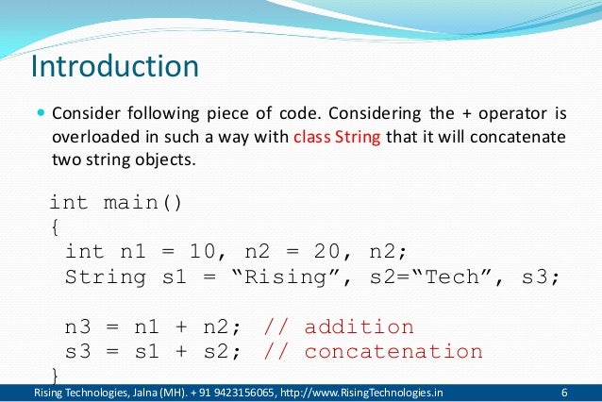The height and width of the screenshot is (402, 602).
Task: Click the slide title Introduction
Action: pos(114,68)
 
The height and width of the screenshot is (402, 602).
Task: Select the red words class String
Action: pos(337,137)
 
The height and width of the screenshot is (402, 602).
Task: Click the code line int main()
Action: pos(116,203)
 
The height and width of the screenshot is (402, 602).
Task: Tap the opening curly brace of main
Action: pos(54,227)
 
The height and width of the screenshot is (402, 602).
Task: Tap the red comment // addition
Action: pos(338,327)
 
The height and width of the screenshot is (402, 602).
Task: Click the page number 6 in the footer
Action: pos(564,393)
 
